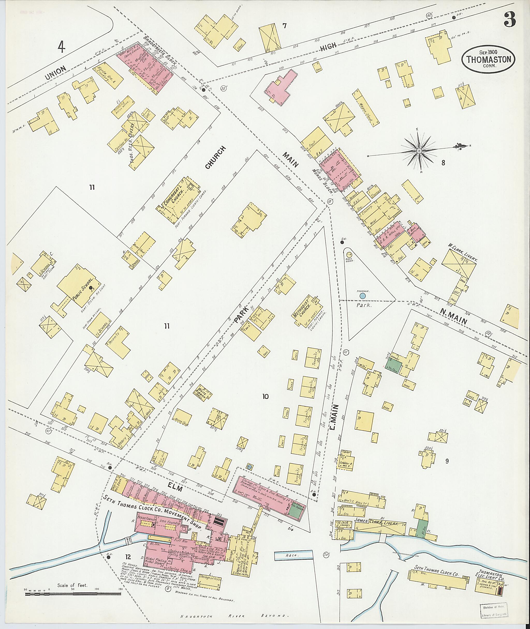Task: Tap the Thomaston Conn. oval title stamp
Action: (x=489, y=60)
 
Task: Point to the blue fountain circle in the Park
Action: (x=363, y=296)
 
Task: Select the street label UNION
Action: (x=56, y=73)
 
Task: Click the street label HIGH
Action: (x=328, y=47)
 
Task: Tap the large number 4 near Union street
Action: (x=62, y=47)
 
